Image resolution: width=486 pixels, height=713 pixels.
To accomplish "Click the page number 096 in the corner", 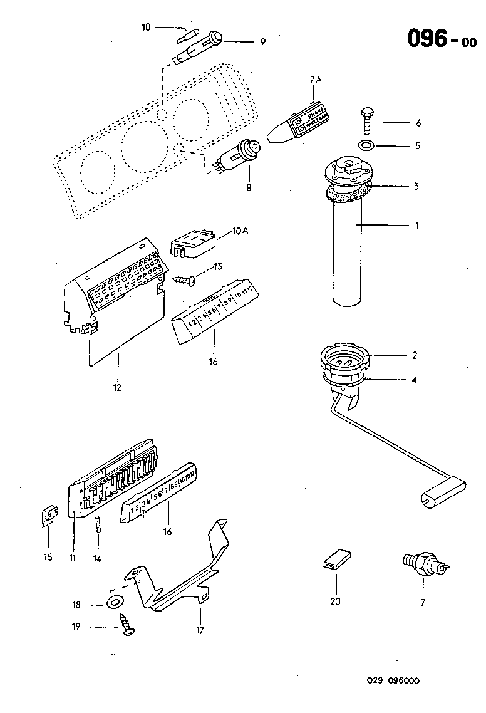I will click(x=427, y=39).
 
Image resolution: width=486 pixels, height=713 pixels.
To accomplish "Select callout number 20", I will click(x=336, y=601).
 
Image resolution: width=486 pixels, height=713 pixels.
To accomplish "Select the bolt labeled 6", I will click(x=366, y=120).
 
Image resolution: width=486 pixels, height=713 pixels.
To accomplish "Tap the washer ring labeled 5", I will click(x=366, y=146).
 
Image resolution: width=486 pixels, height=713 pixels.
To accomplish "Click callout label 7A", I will click(x=314, y=80).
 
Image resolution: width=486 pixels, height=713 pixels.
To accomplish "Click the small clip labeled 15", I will click(x=48, y=516).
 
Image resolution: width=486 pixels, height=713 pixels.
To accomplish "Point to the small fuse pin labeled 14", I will click(x=98, y=523).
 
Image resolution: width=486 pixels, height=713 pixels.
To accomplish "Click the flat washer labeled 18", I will click(x=113, y=603).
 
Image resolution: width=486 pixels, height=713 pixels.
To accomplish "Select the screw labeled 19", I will click(x=127, y=624).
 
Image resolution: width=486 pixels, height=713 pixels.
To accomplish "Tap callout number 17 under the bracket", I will click(x=200, y=630).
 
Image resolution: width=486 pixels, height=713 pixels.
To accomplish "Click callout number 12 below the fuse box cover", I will click(x=117, y=387).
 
